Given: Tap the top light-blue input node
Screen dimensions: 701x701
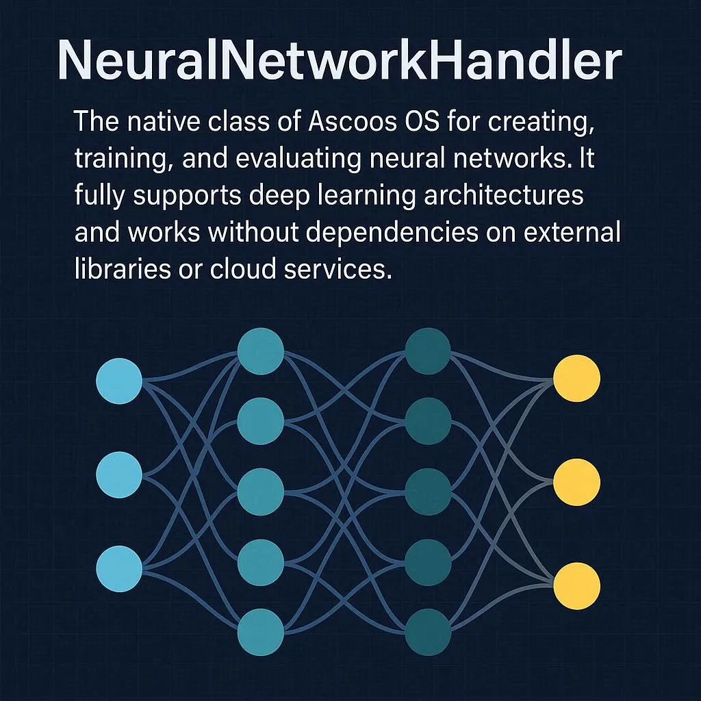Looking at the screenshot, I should [119, 380].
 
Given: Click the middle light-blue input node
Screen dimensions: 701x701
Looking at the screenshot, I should [119, 474].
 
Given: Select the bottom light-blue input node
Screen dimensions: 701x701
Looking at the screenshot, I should [119, 568].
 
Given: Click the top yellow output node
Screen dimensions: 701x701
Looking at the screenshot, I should [576, 379].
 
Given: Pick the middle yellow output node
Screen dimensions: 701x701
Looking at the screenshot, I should [576, 482].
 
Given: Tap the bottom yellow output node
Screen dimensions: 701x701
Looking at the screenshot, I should [576, 585].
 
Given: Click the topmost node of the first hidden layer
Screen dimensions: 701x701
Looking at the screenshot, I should [261, 351].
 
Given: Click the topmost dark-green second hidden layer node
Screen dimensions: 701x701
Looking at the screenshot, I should [428, 351].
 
